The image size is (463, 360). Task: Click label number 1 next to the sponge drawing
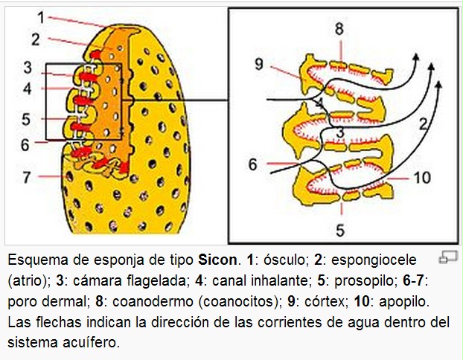click(x=41, y=16)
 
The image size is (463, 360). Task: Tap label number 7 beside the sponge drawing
click(x=28, y=177)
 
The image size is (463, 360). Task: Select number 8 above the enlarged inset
click(x=339, y=30)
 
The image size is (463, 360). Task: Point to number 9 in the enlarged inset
click(x=258, y=65)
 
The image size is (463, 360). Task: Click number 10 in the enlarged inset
click(x=422, y=177)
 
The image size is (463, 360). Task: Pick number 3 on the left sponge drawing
click(x=28, y=68)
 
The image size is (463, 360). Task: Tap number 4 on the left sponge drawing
click(x=28, y=89)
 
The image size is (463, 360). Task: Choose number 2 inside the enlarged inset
click(x=423, y=123)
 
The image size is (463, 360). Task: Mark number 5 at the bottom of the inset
click(x=340, y=230)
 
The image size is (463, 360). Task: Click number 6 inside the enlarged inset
click(x=253, y=164)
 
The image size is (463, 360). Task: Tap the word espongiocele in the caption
click(x=369, y=261)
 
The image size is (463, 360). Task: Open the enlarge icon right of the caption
click(x=448, y=257)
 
